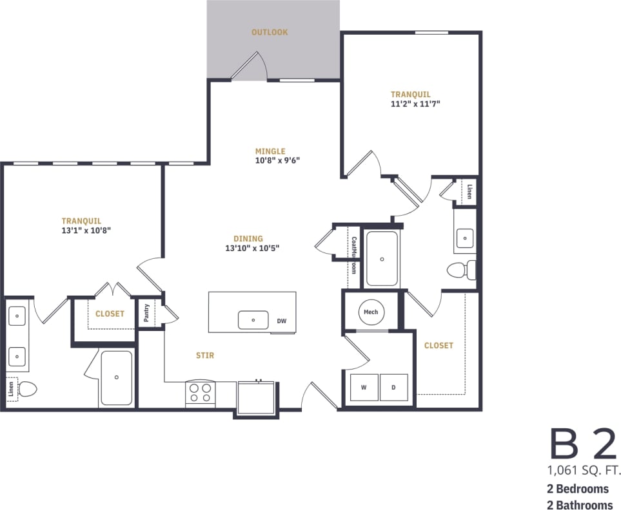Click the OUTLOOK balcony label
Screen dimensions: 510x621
click(x=270, y=32)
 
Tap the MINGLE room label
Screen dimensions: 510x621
click(x=270, y=151)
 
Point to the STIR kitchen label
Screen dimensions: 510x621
click(x=205, y=355)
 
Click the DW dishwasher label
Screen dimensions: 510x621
click(x=282, y=321)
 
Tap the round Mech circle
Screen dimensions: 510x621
click(x=371, y=312)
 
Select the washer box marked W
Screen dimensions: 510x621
click(x=364, y=387)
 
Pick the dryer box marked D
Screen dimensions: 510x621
click(x=393, y=387)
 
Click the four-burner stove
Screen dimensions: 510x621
click(x=201, y=393)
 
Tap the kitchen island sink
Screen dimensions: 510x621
click(x=253, y=319)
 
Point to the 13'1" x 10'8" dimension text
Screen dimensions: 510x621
click(x=87, y=230)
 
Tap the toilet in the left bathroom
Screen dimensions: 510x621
click(x=28, y=389)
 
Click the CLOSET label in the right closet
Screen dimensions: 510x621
click(x=439, y=346)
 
